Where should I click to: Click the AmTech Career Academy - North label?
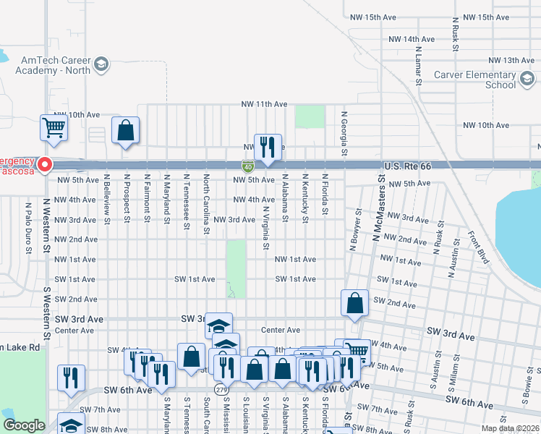(x=54, y=65)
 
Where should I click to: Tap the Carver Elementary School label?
(x=474, y=80)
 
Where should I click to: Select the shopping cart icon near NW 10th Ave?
(x=55, y=127)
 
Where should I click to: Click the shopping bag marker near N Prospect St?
(x=125, y=131)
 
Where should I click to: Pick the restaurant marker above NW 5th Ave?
(x=268, y=147)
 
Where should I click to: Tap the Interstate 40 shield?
(x=248, y=166)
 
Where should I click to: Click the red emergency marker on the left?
(x=44, y=165)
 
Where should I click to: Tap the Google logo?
(x=24, y=425)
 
